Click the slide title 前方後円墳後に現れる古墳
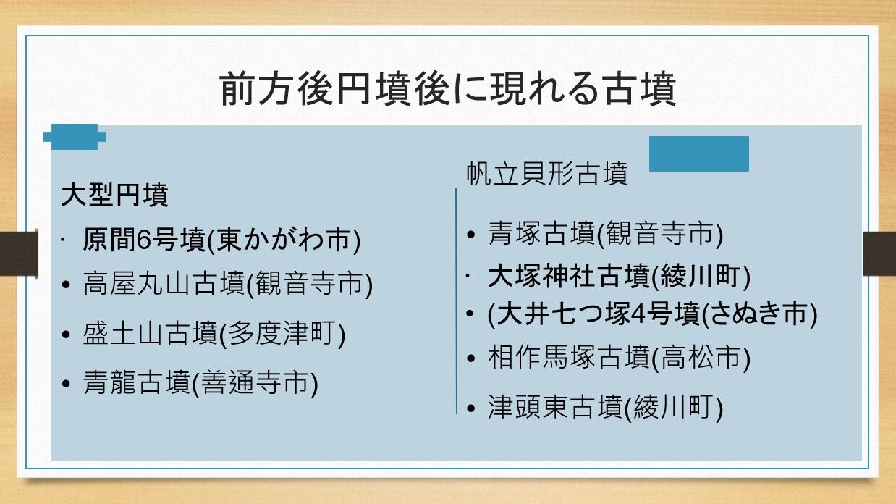448,88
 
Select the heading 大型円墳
114,195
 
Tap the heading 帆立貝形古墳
547,174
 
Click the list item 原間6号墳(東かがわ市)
221,240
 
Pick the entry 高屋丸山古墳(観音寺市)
227,284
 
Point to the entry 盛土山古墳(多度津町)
214,333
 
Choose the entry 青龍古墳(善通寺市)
200,383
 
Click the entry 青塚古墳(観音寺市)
605,234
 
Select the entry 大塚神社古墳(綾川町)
619,276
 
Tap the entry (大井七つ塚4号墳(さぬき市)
652,314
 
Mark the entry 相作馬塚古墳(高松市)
619,358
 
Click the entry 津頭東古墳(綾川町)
605,407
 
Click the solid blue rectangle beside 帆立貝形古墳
699,154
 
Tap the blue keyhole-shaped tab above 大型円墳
75,137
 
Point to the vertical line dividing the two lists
456,301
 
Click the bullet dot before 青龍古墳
67,384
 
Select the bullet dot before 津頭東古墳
471,408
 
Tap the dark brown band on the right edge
879,253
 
